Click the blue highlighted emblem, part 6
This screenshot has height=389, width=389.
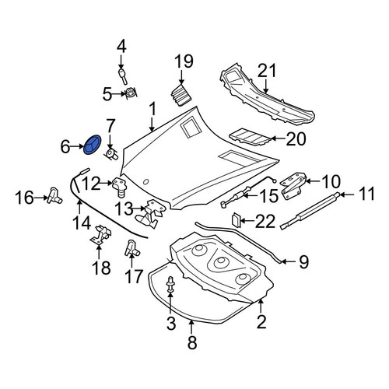tap(93, 145)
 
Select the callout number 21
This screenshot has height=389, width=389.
tap(267, 71)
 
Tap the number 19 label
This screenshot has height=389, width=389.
tap(184, 61)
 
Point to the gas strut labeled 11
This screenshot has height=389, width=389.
tap(310, 211)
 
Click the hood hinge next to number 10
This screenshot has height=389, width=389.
tap(293, 185)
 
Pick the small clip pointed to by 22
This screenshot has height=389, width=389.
tap(236, 220)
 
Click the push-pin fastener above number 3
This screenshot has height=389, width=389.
tap(170, 286)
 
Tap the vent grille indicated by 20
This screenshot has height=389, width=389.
tap(250, 137)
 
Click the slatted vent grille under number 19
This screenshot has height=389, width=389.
tap(180, 94)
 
